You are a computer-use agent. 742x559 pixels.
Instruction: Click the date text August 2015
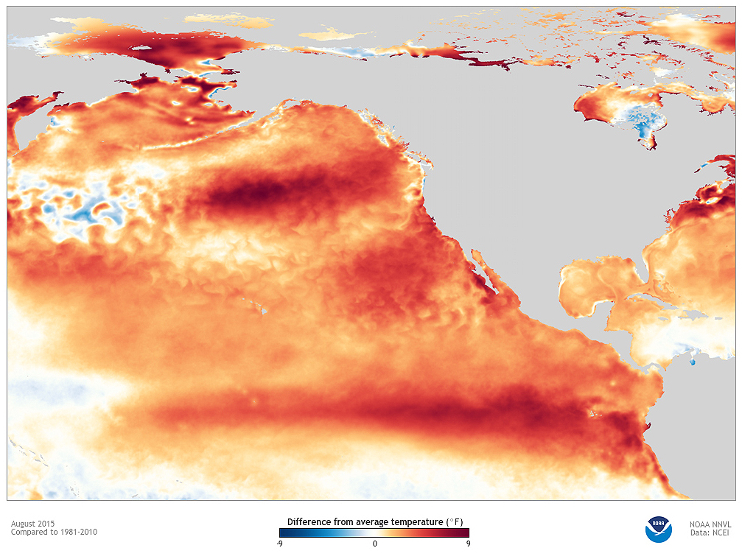click(x=32, y=524)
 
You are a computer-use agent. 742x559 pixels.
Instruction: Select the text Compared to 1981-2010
click(x=54, y=532)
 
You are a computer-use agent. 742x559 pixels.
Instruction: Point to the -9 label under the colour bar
click(x=280, y=544)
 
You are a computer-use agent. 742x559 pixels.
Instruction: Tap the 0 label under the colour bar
click(x=374, y=544)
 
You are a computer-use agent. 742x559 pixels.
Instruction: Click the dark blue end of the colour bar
click(x=283, y=532)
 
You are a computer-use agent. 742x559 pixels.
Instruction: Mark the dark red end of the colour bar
click(x=466, y=532)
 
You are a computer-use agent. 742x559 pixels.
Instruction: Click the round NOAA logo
click(x=658, y=529)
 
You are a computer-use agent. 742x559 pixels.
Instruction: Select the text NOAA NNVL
click(x=710, y=524)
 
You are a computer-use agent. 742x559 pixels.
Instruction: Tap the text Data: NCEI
click(x=710, y=532)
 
